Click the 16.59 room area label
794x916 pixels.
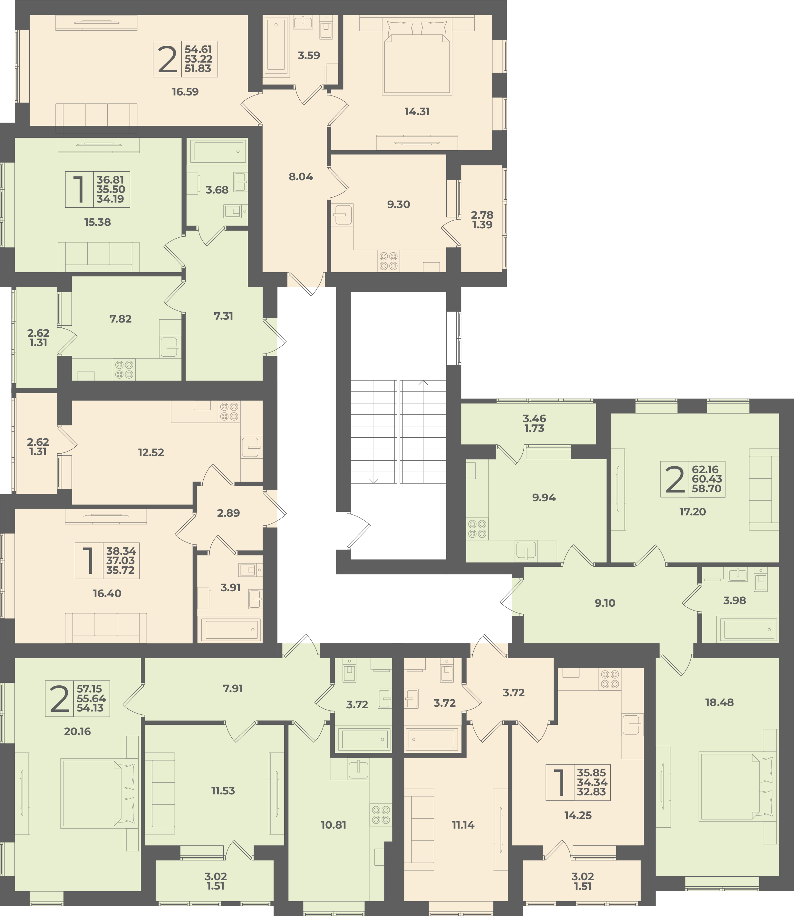[185, 92]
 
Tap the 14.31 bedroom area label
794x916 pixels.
[417, 112]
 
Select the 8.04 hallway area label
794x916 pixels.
[301, 177]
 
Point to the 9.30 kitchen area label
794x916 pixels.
[398, 204]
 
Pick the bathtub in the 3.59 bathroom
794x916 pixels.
[276, 46]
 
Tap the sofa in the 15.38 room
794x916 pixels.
[98, 257]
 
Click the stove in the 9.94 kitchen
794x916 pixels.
[477, 529]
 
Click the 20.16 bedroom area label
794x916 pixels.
[78, 731]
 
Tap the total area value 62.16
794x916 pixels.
[707, 469]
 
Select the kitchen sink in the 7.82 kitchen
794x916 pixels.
[170, 347]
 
